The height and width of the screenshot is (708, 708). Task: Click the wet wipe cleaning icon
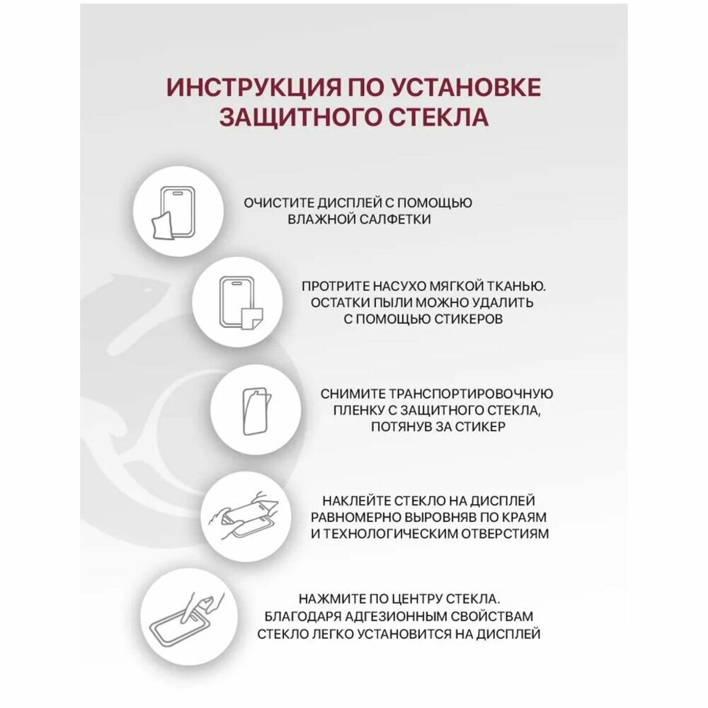click(x=174, y=210)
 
